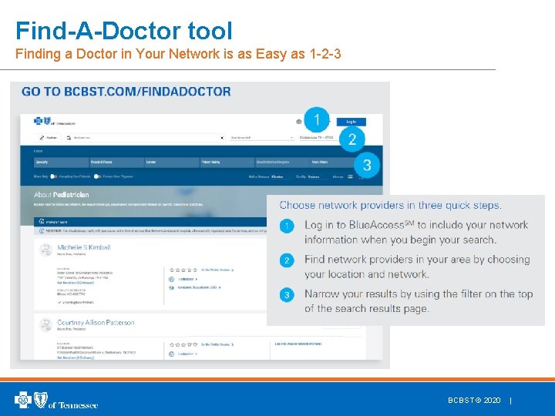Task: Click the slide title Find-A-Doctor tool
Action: click(x=123, y=31)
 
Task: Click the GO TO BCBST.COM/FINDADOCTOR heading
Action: click(x=126, y=92)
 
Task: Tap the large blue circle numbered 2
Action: click(x=352, y=139)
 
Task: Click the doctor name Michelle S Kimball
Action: click(x=83, y=247)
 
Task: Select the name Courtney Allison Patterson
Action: click(x=95, y=323)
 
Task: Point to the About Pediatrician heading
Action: click(x=61, y=195)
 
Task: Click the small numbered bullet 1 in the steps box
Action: click(x=287, y=226)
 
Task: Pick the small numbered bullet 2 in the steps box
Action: click(x=287, y=260)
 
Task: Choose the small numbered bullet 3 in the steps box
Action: click(x=287, y=295)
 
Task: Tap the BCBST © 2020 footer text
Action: click(x=474, y=401)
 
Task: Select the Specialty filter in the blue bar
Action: click(x=44, y=163)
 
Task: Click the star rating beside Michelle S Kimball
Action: click(x=183, y=270)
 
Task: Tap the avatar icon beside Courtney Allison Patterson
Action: click(x=45, y=328)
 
